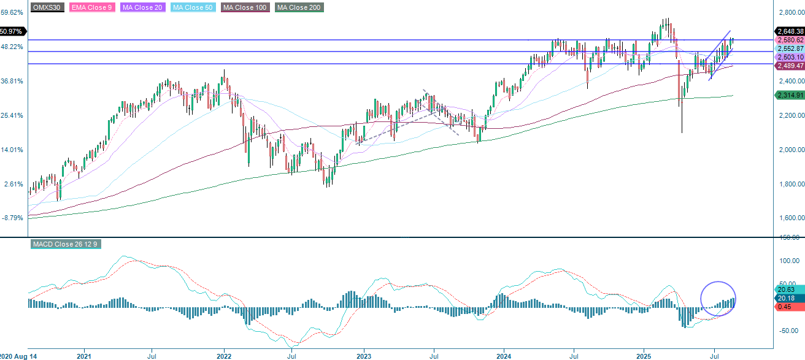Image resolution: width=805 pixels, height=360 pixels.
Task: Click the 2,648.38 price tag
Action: pos(790,31)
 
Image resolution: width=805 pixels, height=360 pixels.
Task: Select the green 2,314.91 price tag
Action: pos(790,95)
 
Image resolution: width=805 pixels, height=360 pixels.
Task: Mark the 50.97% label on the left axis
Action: pos(12,31)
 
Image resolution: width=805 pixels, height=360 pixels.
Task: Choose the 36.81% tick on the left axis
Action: pos(12,81)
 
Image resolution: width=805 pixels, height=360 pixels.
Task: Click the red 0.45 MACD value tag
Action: pos(785,307)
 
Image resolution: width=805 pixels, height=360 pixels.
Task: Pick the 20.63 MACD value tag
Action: pos(786,289)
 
